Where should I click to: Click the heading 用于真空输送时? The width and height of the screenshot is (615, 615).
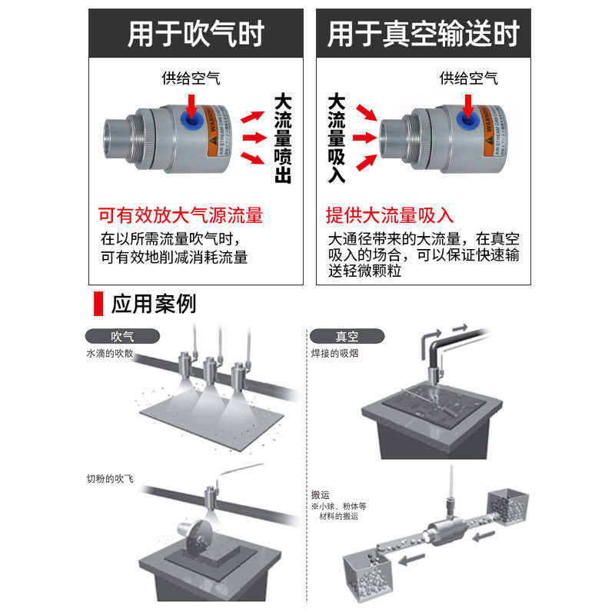point(423,34)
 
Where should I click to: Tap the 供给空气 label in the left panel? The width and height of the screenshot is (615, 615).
point(191,78)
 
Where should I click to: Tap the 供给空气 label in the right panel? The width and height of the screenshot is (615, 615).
point(468,78)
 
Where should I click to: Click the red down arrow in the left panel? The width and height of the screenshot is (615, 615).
point(191,105)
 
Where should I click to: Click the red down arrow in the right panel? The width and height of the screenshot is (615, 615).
point(468,105)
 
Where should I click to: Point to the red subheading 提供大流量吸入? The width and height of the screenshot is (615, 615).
point(390,215)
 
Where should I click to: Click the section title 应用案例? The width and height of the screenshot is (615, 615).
point(154,303)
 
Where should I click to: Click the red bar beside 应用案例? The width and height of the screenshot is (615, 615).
point(98,303)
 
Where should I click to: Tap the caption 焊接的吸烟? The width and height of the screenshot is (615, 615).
point(337,354)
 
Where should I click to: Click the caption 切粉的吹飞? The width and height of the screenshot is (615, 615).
point(109,479)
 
